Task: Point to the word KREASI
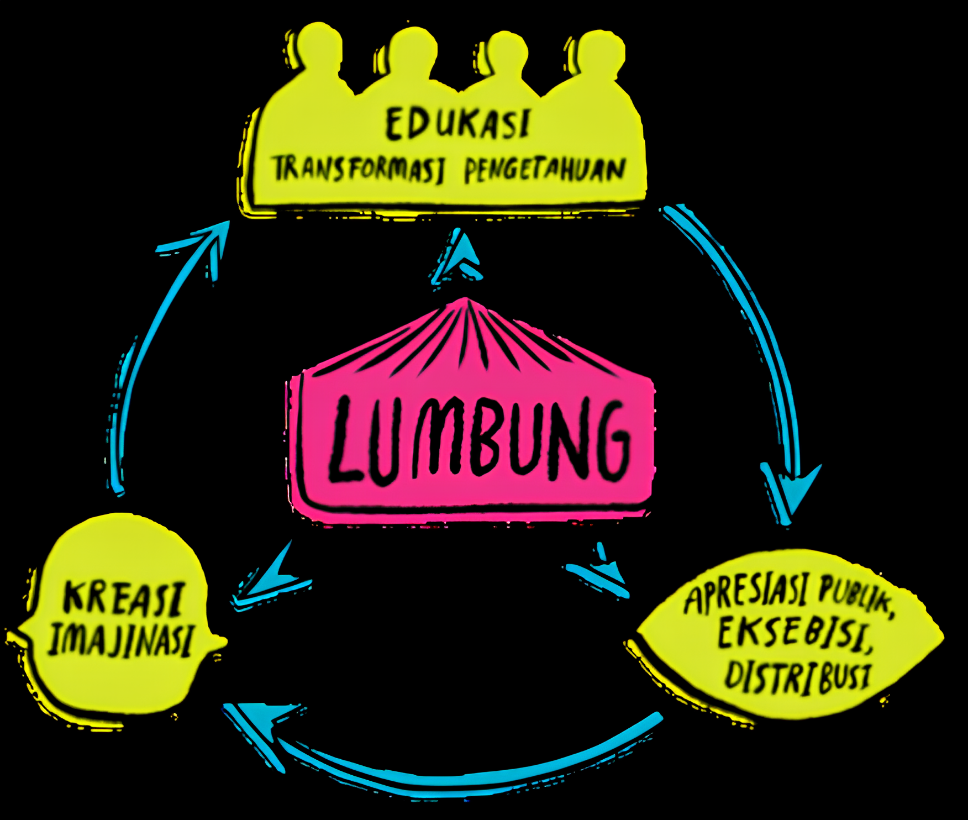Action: point(123,598)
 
